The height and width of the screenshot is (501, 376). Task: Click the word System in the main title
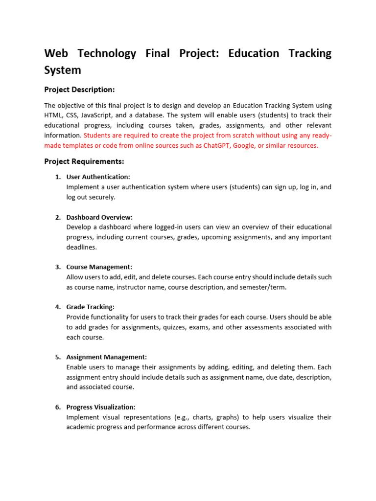(63, 70)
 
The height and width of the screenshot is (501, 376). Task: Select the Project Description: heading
(79, 90)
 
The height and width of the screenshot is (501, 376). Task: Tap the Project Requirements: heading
(84, 161)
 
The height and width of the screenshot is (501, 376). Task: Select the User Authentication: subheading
(98, 177)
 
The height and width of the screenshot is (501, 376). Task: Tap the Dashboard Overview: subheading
(99, 217)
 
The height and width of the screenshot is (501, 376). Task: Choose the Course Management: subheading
(99, 267)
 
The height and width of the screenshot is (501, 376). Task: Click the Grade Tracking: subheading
(90, 307)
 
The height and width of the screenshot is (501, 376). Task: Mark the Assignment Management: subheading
(106, 357)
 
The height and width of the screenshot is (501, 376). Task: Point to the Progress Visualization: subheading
(101, 407)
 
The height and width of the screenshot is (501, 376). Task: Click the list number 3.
(58, 267)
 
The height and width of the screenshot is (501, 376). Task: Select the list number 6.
(58, 407)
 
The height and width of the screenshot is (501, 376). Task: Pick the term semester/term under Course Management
(267, 287)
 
